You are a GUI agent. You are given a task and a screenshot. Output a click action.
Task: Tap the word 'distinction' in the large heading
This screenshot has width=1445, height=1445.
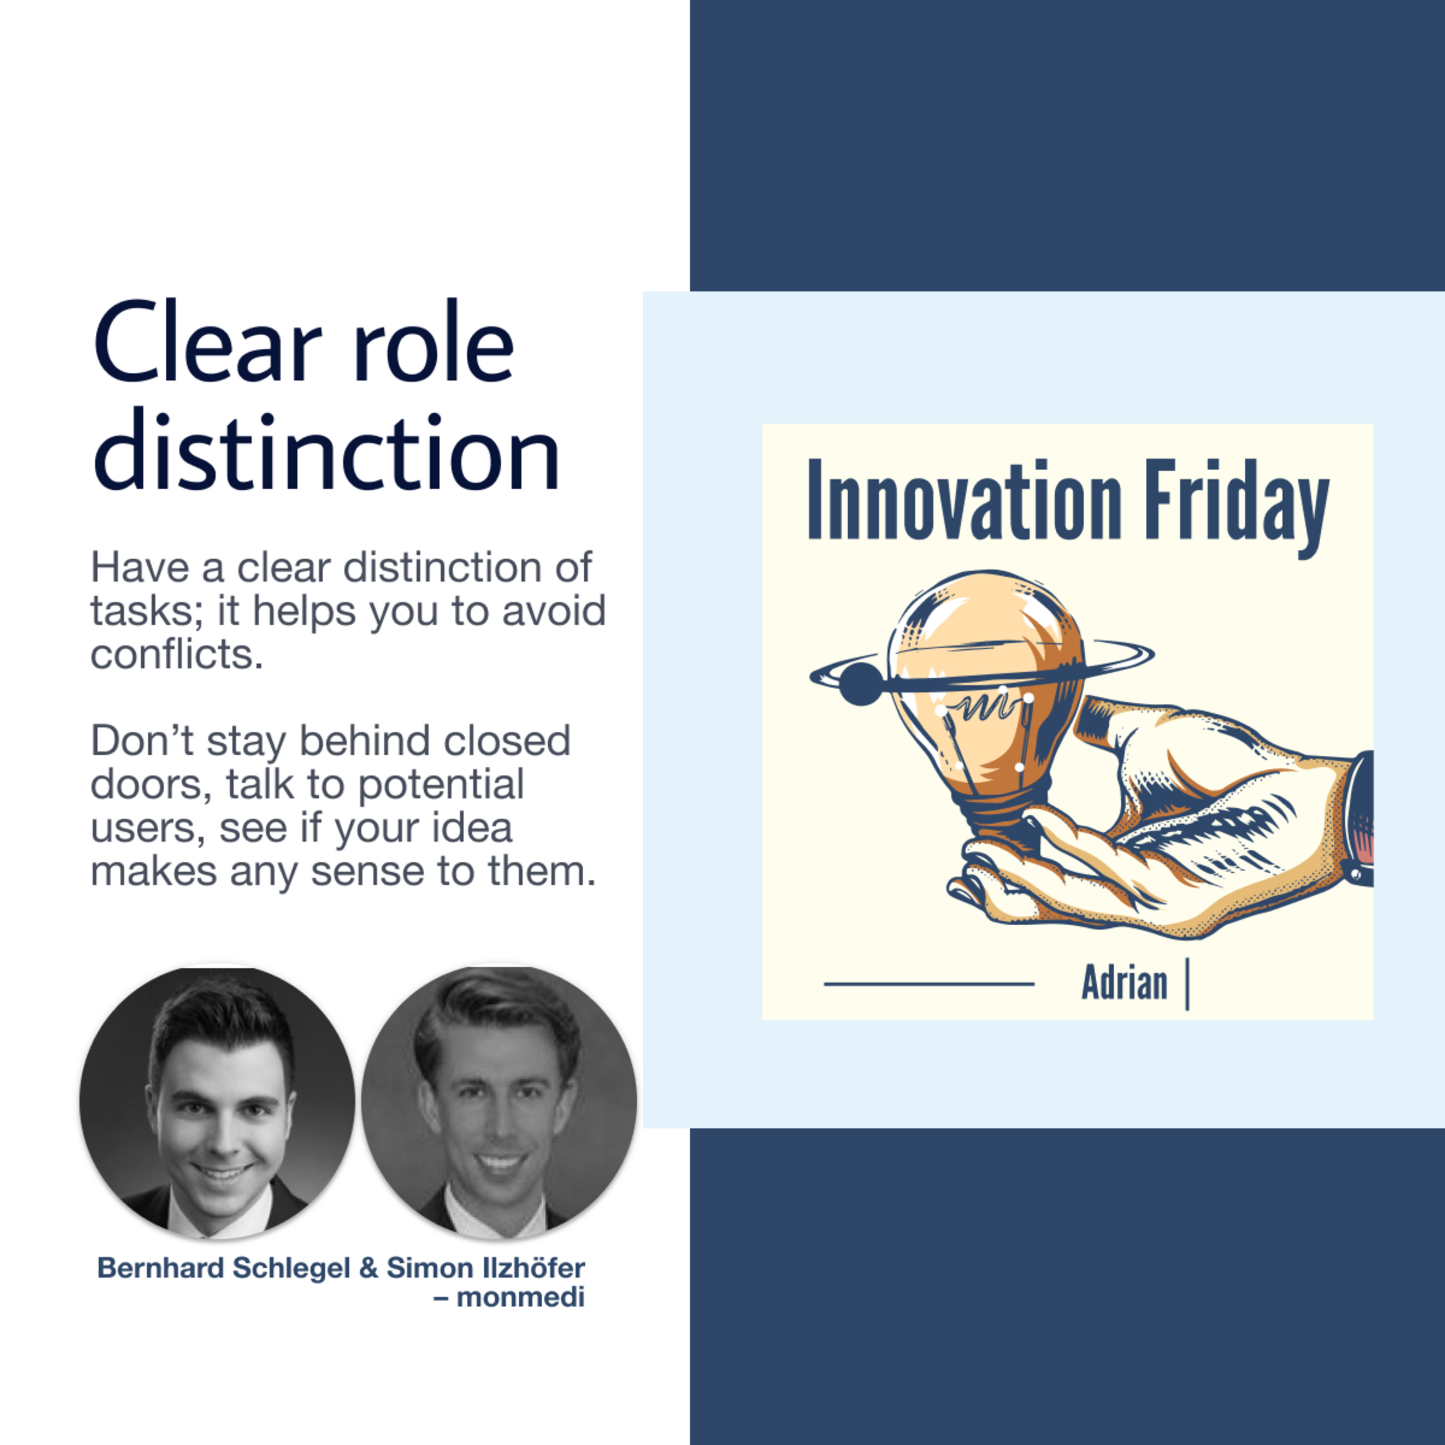tap(327, 452)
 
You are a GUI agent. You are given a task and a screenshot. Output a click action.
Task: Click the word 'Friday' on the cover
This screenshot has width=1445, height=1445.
tap(1237, 507)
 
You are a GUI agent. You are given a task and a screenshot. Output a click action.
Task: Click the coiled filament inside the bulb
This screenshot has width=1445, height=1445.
tap(984, 705)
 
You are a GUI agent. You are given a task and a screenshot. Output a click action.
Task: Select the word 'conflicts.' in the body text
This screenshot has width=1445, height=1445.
tap(177, 655)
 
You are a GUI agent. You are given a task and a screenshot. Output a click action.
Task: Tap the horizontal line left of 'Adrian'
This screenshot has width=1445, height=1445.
tap(929, 984)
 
